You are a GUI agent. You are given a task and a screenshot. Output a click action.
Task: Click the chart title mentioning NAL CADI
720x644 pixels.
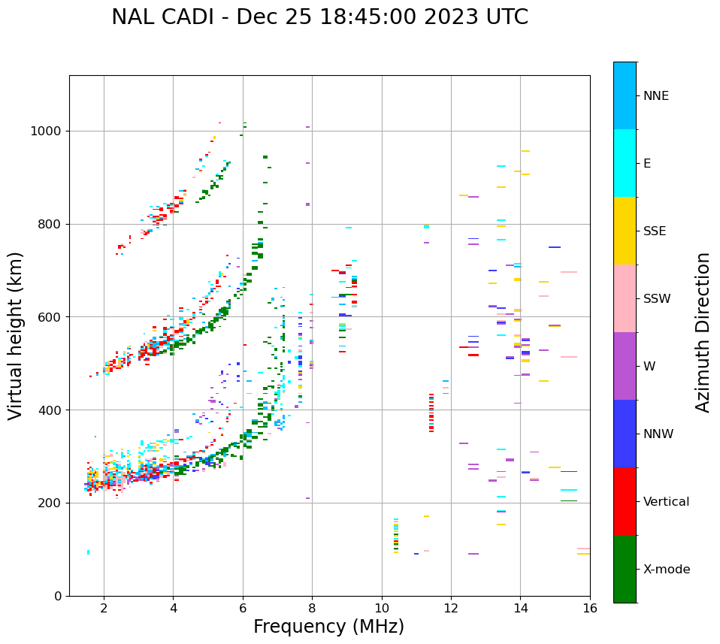coord(319,17)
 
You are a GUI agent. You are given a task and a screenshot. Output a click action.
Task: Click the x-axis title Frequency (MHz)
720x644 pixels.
coord(328,627)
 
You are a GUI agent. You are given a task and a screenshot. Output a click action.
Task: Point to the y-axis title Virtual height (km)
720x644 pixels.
coord(16,336)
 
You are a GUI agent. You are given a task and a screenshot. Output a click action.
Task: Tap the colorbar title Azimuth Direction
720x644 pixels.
coord(703,332)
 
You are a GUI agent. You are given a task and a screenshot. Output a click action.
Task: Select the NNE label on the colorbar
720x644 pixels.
coord(655,96)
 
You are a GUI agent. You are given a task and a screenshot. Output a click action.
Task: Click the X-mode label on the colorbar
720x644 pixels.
coord(666,570)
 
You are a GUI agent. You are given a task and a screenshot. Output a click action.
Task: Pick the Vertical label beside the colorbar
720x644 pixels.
coord(666,502)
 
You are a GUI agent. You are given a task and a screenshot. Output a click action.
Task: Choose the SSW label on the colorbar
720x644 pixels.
coord(657,299)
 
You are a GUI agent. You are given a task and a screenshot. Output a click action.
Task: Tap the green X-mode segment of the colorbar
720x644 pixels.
coord(625,569)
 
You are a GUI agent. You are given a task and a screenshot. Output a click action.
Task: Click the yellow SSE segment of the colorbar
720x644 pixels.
coord(625,231)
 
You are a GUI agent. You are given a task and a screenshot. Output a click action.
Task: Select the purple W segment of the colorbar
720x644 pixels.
coord(625,366)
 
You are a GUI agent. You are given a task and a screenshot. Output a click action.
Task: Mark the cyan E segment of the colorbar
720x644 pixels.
coord(625,163)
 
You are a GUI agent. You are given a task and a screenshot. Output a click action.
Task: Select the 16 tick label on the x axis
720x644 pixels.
coord(590,608)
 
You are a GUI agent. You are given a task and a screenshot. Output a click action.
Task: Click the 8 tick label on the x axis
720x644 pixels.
coord(312,608)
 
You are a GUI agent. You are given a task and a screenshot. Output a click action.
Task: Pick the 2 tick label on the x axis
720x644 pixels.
coord(104,608)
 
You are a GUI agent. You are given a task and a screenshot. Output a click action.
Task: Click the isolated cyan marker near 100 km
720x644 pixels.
coord(88,552)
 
